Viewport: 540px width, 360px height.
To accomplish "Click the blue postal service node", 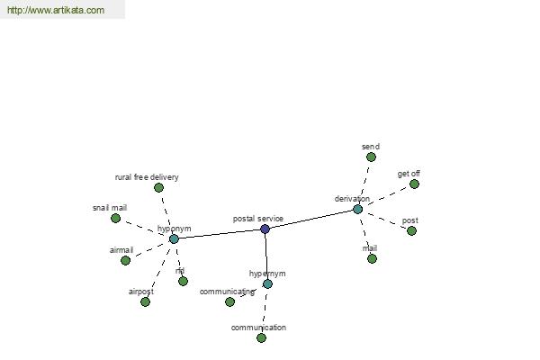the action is [x=265, y=229].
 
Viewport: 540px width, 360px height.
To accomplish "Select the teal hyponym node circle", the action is [x=174, y=238].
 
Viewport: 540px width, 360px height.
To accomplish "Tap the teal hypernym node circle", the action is [x=267, y=283].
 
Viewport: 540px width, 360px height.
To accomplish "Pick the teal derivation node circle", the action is [x=358, y=209].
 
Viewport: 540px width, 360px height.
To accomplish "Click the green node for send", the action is [x=371, y=157].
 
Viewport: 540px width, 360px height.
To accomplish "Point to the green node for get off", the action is [x=414, y=184].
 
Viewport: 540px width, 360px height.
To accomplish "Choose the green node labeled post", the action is [x=411, y=230].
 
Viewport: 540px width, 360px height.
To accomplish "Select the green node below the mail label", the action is [x=372, y=258].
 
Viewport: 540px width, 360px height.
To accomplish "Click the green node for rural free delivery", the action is [x=158, y=188].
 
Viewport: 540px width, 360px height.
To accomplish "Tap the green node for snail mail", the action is [x=116, y=218].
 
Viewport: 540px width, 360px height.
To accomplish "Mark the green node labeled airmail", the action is [x=126, y=260].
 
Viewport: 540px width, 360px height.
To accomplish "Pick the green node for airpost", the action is [x=145, y=302].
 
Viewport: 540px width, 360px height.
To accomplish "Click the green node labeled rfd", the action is [x=184, y=281].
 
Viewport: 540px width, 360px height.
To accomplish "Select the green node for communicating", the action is [x=229, y=301].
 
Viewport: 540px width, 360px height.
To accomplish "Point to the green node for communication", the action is [x=261, y=338].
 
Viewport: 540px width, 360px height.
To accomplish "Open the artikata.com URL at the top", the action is [x=56, y=10].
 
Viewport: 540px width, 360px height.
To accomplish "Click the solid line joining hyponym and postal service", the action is [x=220, y=234].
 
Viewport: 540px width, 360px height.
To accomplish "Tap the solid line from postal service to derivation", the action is [x=311, y=219].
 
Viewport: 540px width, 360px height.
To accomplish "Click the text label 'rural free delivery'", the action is [x=147, y=177].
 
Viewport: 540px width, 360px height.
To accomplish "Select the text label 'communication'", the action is [x=258, y=328].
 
